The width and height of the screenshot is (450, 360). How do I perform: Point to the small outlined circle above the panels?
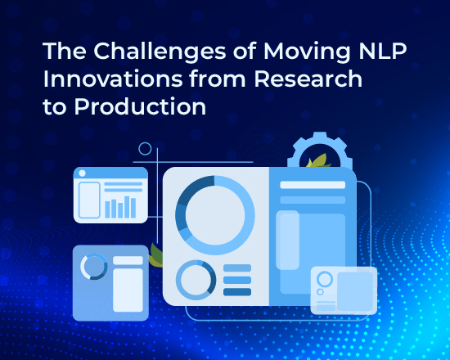pyautogui.click(x=146, y=149)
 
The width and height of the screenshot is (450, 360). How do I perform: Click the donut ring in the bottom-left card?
pyautogui.click(x=93, y=266)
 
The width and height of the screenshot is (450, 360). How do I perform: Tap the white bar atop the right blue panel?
pyautogui.click(x=312, y=185)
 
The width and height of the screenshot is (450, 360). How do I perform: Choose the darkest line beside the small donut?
pyautogui.click(x=237, y=292)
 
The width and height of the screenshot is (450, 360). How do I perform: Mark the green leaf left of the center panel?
pyautogui.click(x=156, y=254)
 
